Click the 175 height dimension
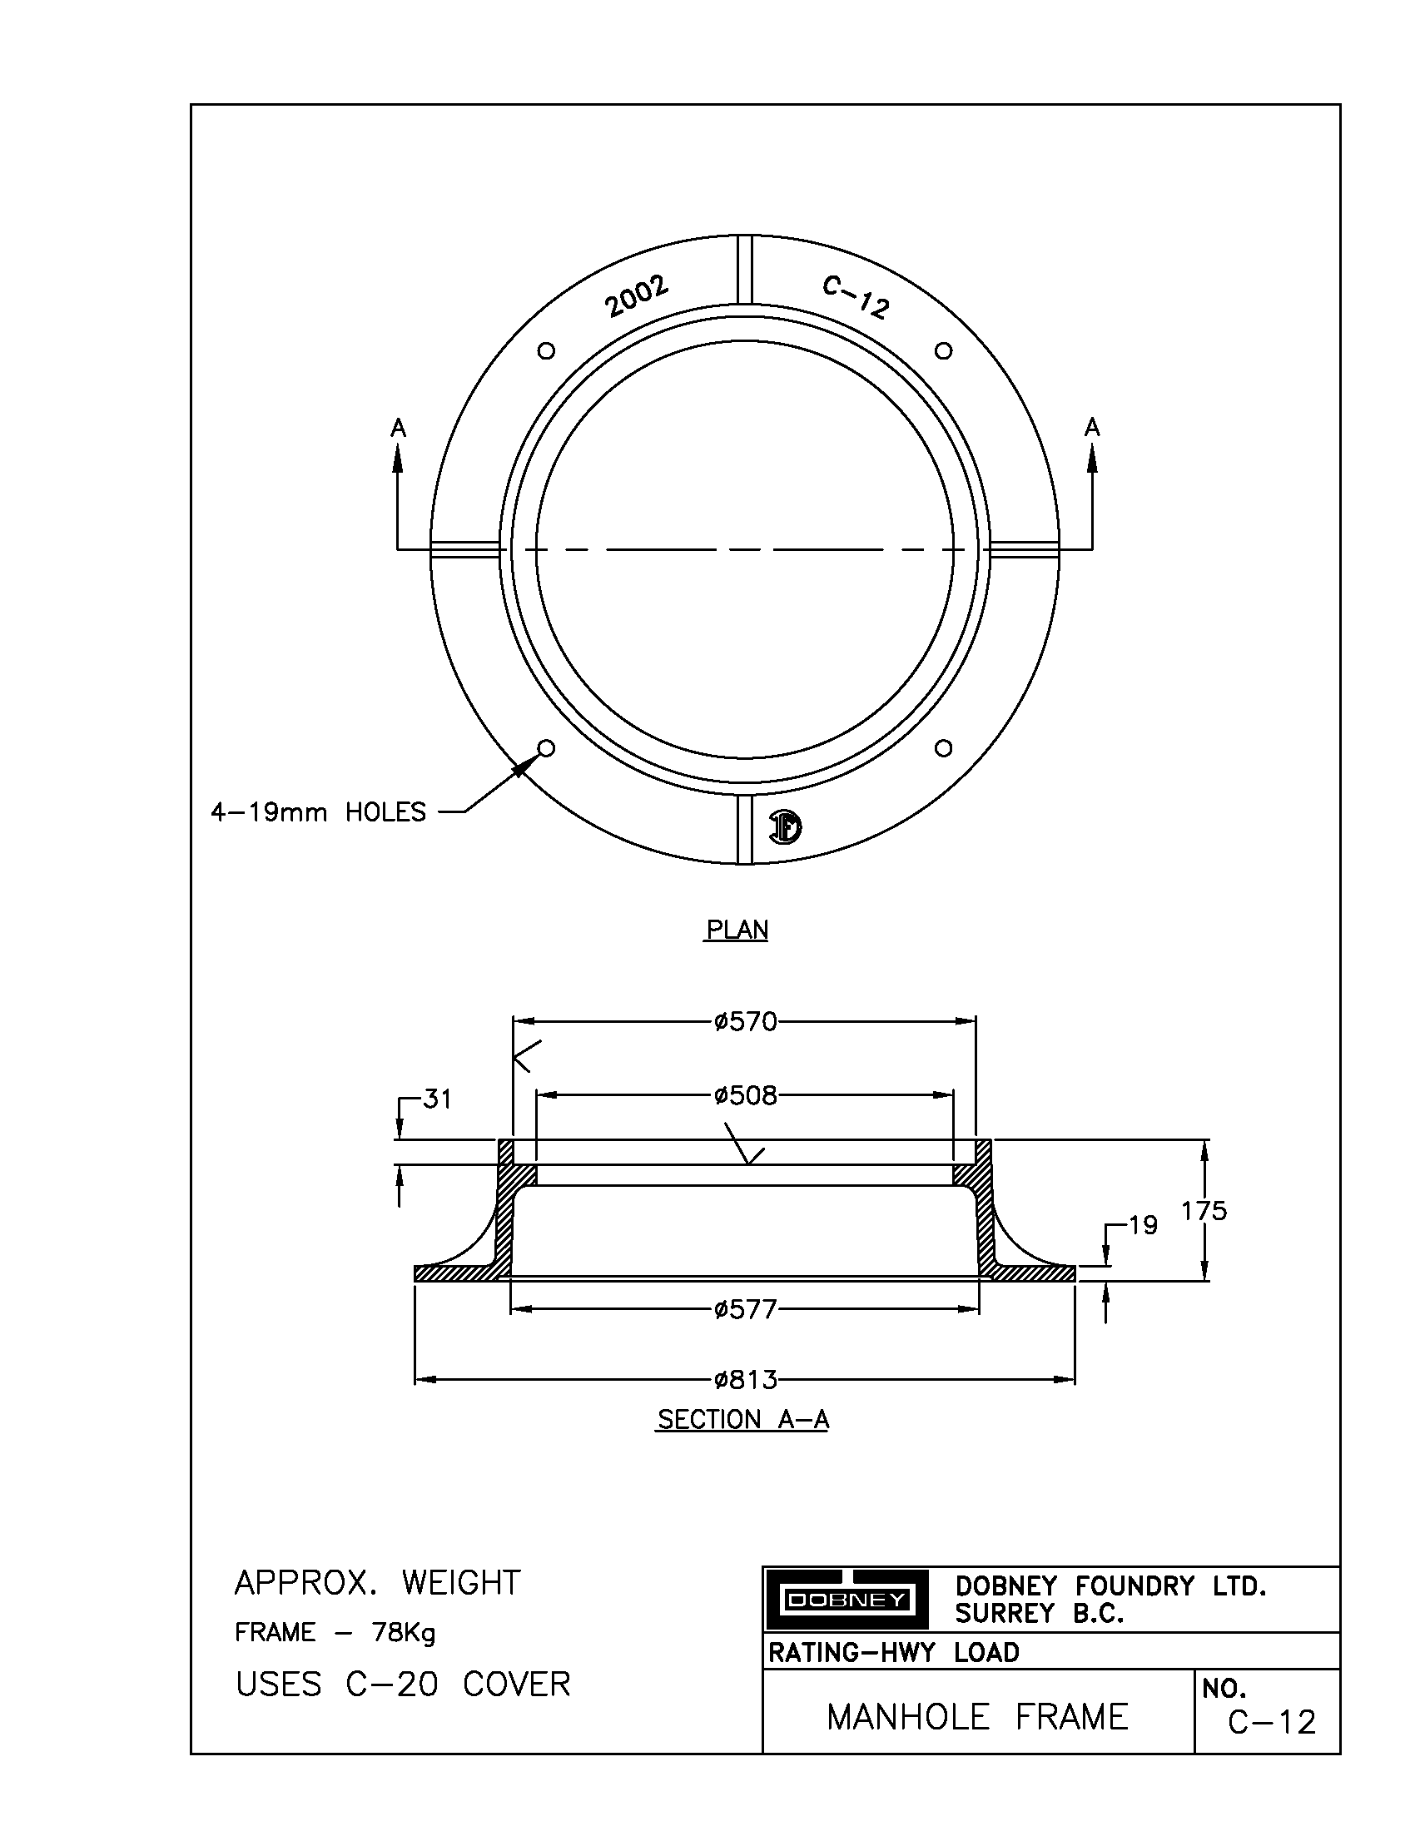click(x=1204, y=1211)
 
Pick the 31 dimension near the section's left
click(x=437, y=1099)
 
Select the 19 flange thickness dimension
click(x=1143, y=1227)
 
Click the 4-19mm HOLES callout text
click(x=319, y=812)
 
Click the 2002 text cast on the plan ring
click(x=638, y=296)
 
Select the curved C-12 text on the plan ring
click(x=855, y=298)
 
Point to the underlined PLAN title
click(x=737, y=930)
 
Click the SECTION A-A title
click(x=742, y=1420)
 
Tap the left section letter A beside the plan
click(x=398, y=429)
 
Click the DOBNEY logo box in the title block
click(x=845, y=1600)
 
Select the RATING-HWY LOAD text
click(x=894, y=1652)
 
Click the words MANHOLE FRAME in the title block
click(x=977, y=1718)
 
